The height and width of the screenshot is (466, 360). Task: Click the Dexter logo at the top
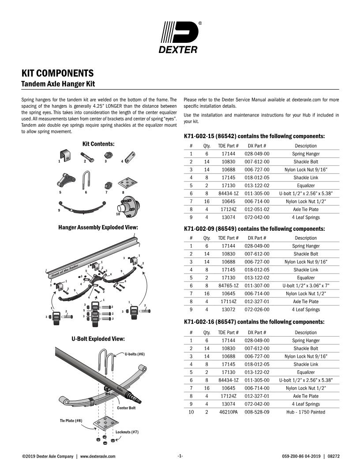[180, 37]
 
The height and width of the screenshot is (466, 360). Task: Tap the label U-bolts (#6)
[135, 354]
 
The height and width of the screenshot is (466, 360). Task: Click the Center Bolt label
[126, 408]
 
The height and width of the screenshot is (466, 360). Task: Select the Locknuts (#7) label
[127, 432]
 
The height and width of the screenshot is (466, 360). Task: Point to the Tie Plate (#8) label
[71, 421]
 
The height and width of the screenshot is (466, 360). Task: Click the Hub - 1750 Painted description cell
[306, 412]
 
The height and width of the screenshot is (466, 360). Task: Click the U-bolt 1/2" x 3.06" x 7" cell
[306, 286]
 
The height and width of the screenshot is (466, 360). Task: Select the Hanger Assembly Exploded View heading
[98, 227]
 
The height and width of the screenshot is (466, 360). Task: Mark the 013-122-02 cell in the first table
[257, 185]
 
